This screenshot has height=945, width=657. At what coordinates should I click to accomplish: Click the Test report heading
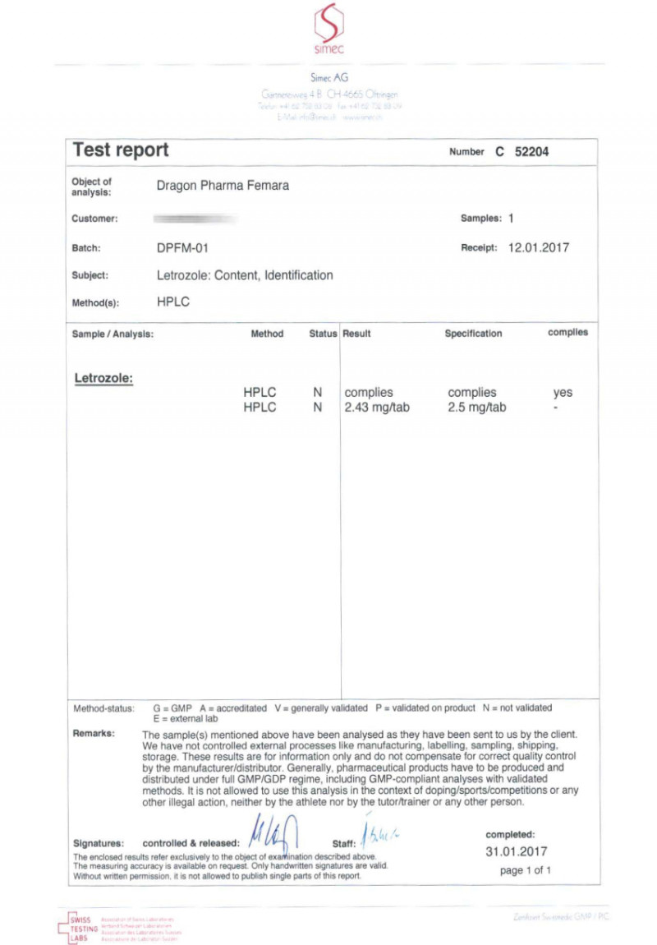[121, 150]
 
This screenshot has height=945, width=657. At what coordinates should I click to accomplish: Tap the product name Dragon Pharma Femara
[223, 186]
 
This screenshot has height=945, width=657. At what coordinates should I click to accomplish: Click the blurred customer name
[195, 219]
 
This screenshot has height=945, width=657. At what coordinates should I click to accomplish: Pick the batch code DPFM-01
[187, 247]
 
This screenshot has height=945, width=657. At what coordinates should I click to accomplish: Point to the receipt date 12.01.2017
[539, 247]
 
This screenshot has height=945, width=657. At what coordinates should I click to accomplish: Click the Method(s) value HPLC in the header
[173, 302]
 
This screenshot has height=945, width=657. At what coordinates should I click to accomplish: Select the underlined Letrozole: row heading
[103, 378]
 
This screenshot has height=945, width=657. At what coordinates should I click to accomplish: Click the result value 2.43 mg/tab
[377, 407]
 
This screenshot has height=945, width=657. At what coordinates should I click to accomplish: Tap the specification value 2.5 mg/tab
[477, 407]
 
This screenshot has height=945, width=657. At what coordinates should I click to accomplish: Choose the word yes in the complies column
[563, 393]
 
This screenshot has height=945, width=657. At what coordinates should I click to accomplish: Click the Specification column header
[473, 334]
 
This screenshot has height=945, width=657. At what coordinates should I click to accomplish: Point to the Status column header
[323, 334]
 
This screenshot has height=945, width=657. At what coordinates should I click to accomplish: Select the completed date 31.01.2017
[516, 851]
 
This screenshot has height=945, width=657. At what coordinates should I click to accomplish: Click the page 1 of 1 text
[525, 870]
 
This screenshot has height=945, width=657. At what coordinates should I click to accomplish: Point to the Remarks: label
[94, 733]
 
